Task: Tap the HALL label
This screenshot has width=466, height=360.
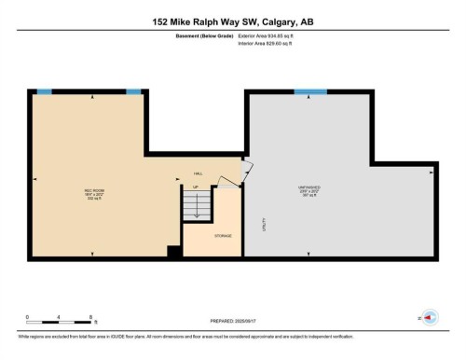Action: pyautogui.click(x=198, y=173)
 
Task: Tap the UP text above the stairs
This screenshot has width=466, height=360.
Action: pyautogui.click(x=196, y=187)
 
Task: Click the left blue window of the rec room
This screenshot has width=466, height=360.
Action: pyautogui.click(x=44, y=90)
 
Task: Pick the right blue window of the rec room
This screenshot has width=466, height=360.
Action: pyautogui.click(x=133, y=90)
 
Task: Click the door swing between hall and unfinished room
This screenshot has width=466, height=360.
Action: pyautogui.click(x=244, y=173)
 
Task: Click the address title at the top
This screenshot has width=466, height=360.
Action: pyautogui.click(x=233, y=21)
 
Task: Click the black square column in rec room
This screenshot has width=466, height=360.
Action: pyautogui.click(x=172, y=250)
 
